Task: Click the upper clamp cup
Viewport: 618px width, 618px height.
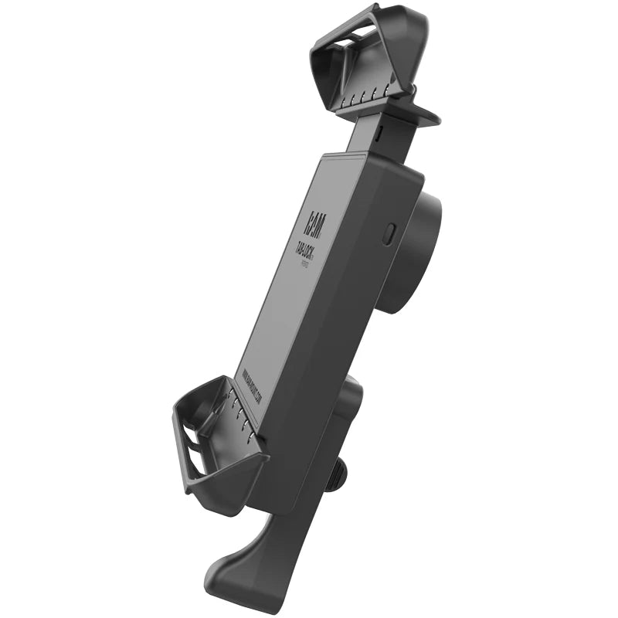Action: (x=363, y=62)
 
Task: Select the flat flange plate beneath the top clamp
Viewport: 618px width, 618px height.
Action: (x=421, y=116)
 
